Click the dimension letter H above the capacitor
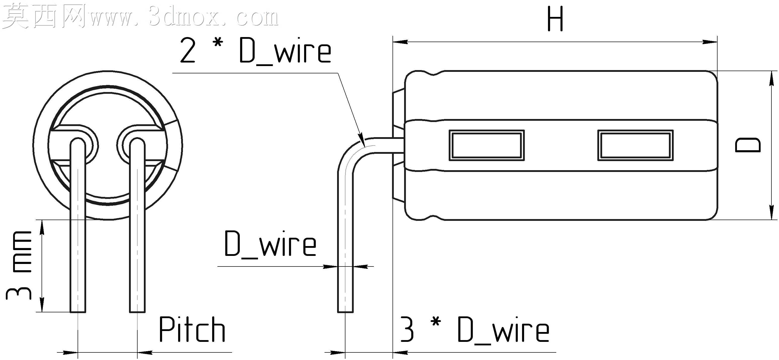555,19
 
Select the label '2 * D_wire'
255,51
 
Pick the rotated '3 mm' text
19,265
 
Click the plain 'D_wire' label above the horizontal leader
270,244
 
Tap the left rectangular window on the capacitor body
486,145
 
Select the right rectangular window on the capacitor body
635,145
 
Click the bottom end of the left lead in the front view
78,312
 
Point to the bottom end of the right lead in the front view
137,312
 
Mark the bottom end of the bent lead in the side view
345,312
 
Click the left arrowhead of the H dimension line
400,42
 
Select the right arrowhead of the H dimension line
710,42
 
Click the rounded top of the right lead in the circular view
137,139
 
